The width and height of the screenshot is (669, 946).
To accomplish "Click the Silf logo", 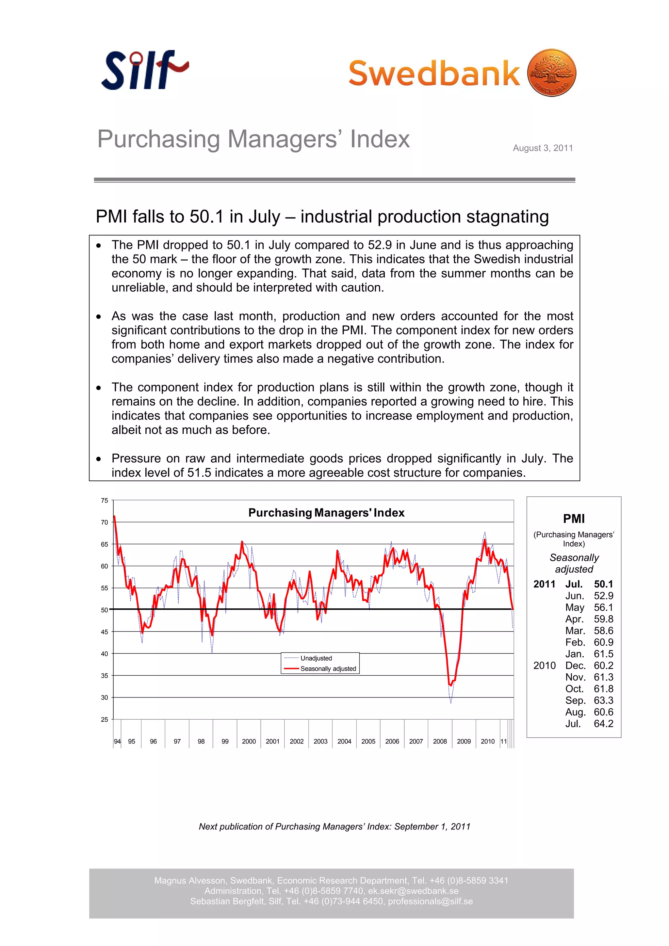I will tap(144, 70).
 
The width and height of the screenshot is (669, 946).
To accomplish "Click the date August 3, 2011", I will tap(543, 148).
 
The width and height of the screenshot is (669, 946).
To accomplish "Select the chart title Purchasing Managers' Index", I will tap(326, 513).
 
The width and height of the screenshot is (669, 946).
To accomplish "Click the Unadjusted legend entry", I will tap(316, 658).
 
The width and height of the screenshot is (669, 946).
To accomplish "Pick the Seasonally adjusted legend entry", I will tap(328, 668).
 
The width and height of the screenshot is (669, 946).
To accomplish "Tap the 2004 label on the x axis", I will tap(344, 741).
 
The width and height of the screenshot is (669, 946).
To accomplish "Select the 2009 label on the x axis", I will tap(464, 741).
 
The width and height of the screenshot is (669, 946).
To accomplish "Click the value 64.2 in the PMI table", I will tap(603, 724).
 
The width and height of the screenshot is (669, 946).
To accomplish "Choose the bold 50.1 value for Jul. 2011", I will tap(603, 584).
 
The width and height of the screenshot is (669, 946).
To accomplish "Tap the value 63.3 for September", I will tap(603, 700).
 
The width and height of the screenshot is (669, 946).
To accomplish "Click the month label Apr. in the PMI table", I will tap(574, 619).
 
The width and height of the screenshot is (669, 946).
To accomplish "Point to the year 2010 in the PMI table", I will tap(544, 665).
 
